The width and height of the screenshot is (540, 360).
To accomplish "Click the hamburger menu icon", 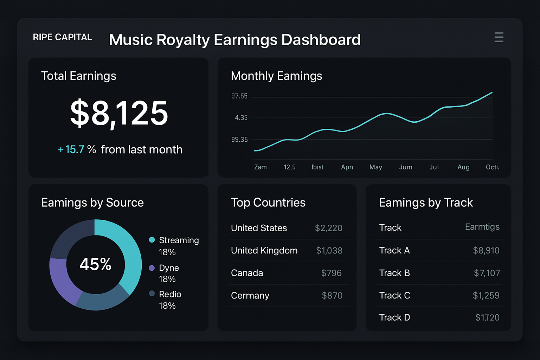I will pyautogui.click(x=499, y=37).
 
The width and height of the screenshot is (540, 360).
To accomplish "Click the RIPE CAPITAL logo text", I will pyautogui.click(x=62, y=37).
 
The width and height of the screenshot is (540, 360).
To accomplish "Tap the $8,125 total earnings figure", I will pyautogui.click(x=119, y=113).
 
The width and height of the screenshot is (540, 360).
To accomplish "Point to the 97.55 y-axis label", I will pyautogui.click(x=239, y=96).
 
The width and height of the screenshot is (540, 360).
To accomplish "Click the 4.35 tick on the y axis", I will pyautogui.click(x=241, y=118).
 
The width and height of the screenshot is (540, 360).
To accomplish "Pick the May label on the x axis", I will pyautogui.click(x=375, y=167).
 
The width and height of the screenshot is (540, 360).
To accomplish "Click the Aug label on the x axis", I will pyautogui.click(x=463, y=167).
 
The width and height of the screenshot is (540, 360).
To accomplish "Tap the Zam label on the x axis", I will pyautogui.click(x=260, y=167).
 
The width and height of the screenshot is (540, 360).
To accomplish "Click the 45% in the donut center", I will pyautogui.click(x=95, y=264).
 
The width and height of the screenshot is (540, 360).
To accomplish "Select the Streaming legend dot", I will pyautogui.click(x=152, y=240).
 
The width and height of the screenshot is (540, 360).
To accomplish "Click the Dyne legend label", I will pyautogui.click(x=169, y=268).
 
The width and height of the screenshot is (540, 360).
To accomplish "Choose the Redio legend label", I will pyautogui.click(x=170, y=294).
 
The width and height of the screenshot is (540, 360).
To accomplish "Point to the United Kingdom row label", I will pyautogui.click(x=264, y=251).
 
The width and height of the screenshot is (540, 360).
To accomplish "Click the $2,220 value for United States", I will pyautogui.click(x=328, y=228).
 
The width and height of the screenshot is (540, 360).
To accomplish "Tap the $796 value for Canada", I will pyautogui.click(x=331, y=273).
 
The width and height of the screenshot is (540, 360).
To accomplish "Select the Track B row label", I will pyautogui.click(x=394, y=273).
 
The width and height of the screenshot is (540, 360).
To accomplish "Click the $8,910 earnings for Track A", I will pyautogui.click(x=486, y=251).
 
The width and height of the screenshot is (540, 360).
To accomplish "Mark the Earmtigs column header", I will pyautogui.click(x=482, y=227).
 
